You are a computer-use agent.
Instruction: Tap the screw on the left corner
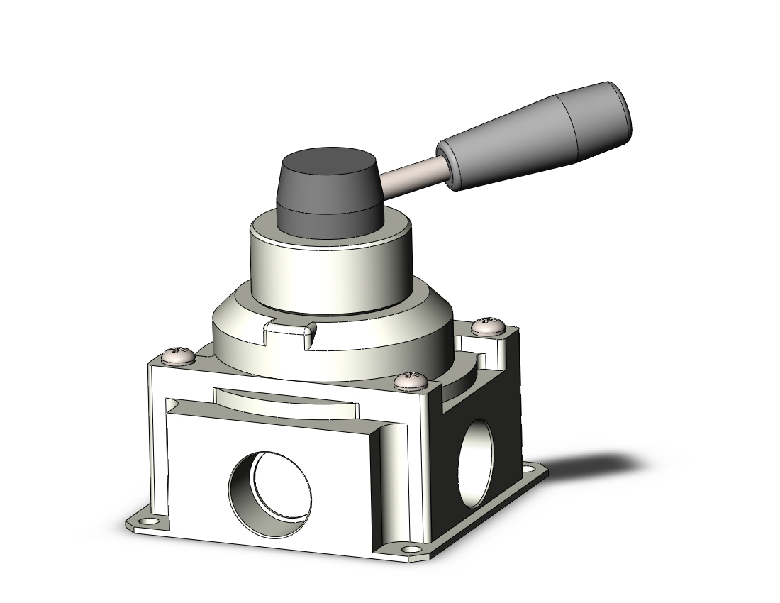(x=178, y=356)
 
